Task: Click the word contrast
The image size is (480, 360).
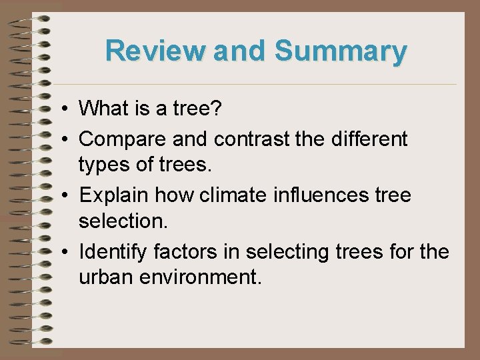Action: (254, 139)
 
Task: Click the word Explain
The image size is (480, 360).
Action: (113, 196)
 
